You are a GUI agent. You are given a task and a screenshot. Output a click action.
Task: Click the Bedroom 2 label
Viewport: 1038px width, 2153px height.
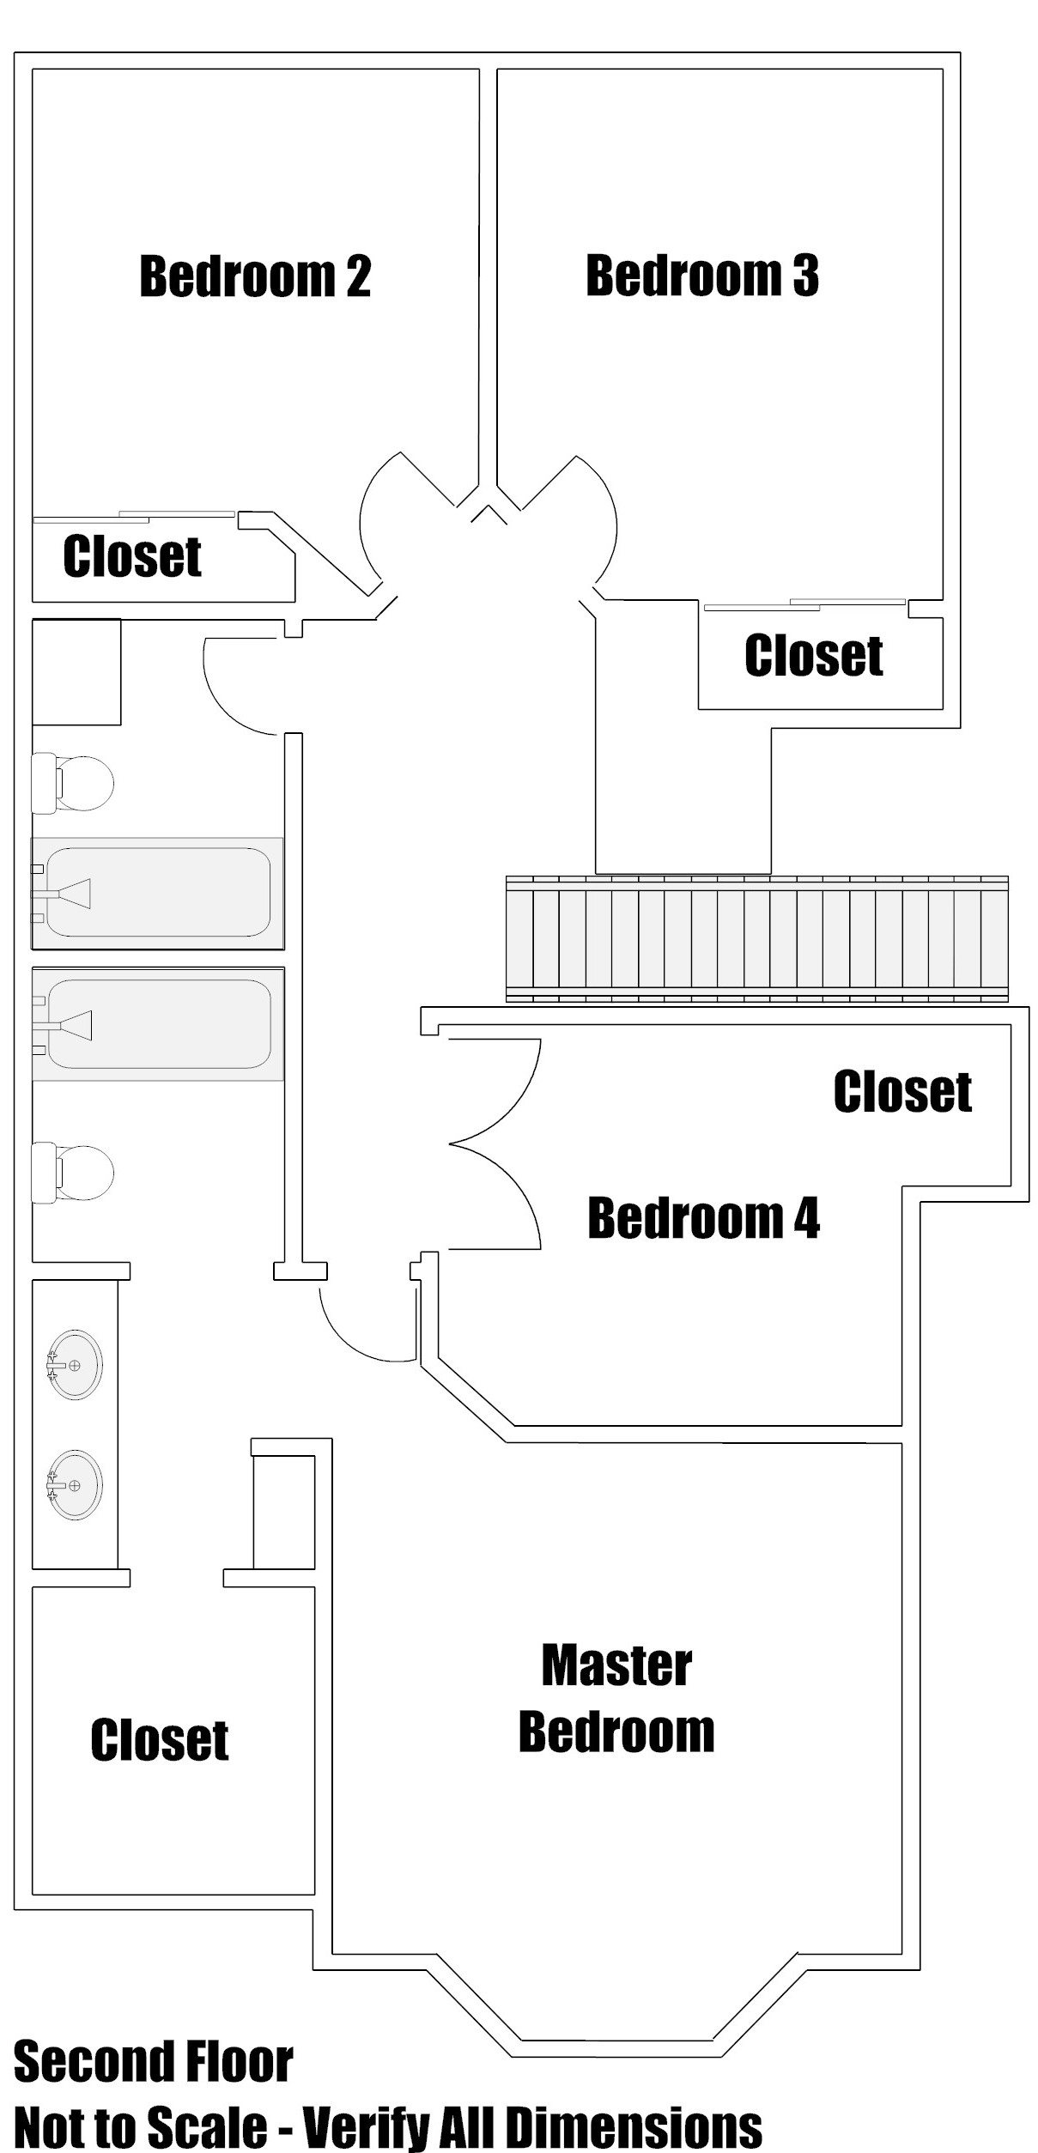tap(255, 276)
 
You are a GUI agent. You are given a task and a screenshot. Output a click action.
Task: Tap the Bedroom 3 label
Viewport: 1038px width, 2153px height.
tap(702, 276)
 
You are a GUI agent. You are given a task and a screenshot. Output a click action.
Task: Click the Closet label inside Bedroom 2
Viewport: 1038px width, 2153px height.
tap(132, 556)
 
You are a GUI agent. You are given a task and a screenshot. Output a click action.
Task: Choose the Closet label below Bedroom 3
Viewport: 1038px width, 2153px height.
tap(814, 656)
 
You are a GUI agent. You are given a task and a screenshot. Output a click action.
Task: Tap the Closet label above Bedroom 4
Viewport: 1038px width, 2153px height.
tap(902, 1092)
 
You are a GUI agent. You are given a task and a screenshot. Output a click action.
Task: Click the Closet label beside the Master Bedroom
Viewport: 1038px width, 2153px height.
tap(160, 1741)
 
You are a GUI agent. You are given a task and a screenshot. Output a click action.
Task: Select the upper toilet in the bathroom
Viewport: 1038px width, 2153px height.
tap(74, 783)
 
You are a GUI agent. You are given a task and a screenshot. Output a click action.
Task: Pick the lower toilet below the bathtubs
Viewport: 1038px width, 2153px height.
tap(74, 1174)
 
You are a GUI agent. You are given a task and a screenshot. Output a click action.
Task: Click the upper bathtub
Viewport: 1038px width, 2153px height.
tap(158, 893)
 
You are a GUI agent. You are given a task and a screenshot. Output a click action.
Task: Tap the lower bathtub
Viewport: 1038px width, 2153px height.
tap(158, 1024)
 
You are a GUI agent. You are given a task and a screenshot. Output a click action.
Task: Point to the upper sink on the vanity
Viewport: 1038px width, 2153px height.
tap(75, 1365)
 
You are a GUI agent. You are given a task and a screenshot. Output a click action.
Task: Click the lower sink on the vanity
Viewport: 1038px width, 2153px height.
tap(75, 1485)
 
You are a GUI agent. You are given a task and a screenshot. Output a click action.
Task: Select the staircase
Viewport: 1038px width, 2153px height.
tap(756, 939)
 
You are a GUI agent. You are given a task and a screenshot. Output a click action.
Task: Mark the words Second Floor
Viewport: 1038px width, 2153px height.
tap(154, 2062)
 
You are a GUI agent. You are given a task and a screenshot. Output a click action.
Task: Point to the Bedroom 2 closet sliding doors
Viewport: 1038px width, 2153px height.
tap(134, 518)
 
